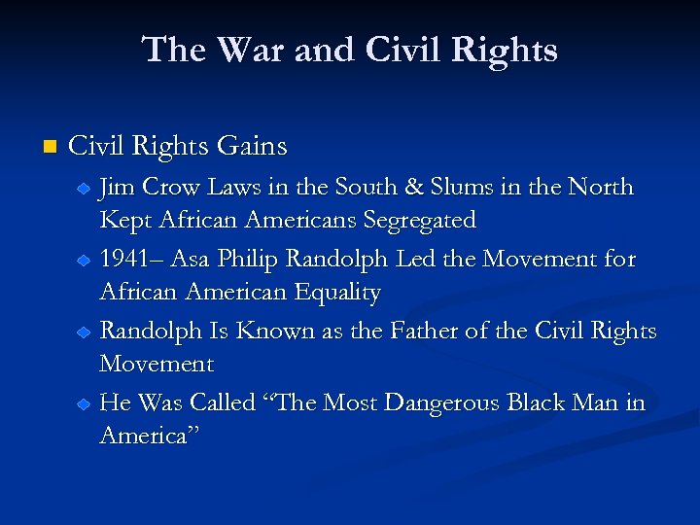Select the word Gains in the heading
coord(252,147)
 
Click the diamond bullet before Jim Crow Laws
coord(85,188)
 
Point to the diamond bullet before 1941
coord(85,261)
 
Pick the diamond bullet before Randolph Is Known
coord(85,332)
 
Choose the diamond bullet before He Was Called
coord(85,404)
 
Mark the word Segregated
coord(419,221)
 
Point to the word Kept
coord(123,221)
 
